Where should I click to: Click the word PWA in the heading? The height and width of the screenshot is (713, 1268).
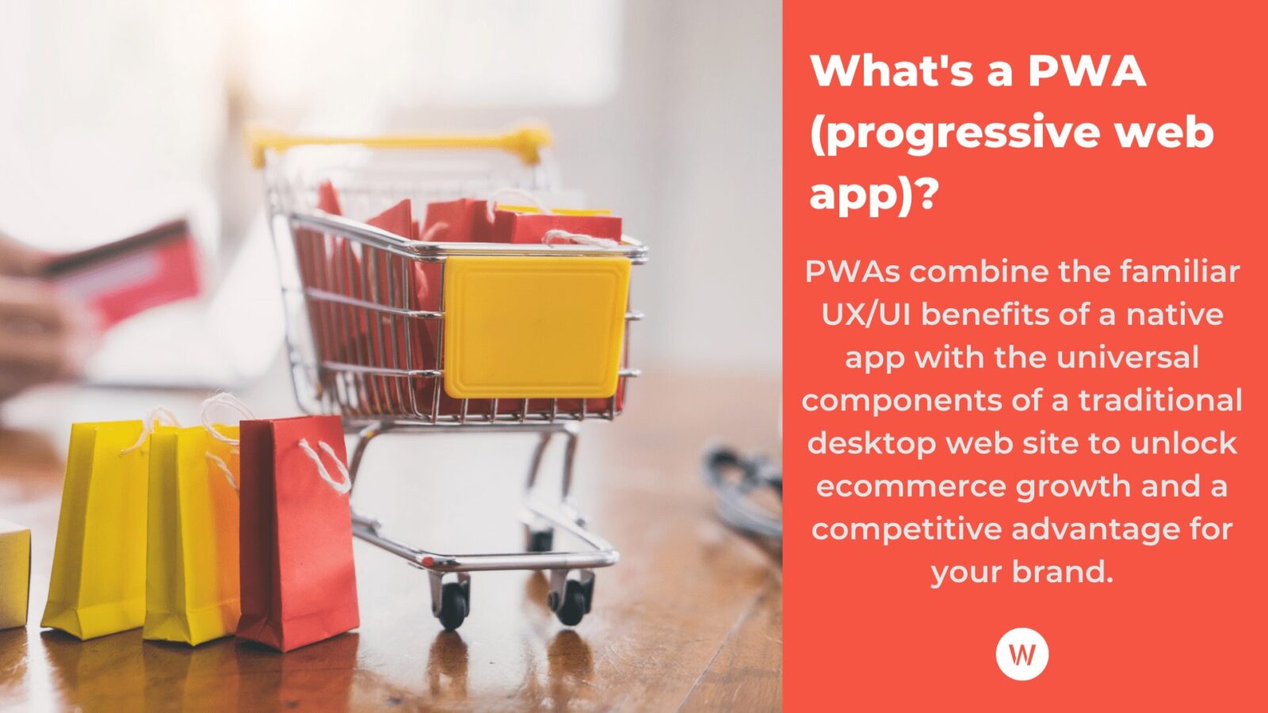(1087, 71)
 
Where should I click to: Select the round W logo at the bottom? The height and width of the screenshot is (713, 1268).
(1022, 654)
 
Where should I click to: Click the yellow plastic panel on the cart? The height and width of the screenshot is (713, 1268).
(536, 326)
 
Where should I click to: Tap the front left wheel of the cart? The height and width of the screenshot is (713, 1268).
(453, 603)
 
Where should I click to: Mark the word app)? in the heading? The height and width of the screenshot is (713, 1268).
(873, 194)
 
